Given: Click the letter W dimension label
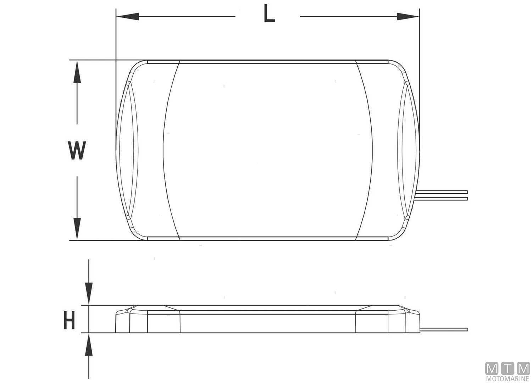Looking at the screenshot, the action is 77,150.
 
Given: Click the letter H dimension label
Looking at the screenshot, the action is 69,320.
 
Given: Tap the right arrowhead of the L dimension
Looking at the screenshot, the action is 408,16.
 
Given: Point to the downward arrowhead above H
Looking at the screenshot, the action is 89,293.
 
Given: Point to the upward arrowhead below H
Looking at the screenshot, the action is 89,346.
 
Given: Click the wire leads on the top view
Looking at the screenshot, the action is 443,194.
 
